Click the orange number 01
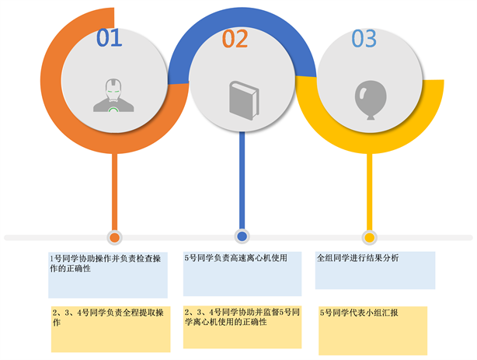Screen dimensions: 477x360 [x=110, y=37]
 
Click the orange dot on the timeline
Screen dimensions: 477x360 [x=114, y=237]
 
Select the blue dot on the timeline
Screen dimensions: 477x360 [x=242, y=236]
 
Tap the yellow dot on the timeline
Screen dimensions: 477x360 [x=369, y=237]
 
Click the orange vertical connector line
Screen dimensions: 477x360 [x=115, y=190]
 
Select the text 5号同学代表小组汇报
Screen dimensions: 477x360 [x=359, y=313]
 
